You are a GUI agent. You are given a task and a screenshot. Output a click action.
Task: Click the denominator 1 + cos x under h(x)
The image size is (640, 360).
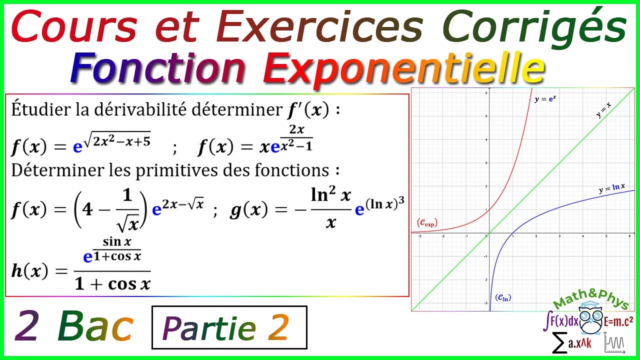point(112,283)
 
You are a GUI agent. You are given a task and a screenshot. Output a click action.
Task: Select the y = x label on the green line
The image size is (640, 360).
point(604,111)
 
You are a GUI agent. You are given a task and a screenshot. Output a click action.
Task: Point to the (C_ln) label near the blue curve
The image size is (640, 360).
point(503,297)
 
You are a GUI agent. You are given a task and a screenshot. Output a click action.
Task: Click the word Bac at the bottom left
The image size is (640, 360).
point(95,327)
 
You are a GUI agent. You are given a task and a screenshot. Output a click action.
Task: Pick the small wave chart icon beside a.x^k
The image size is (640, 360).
point(614,344)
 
